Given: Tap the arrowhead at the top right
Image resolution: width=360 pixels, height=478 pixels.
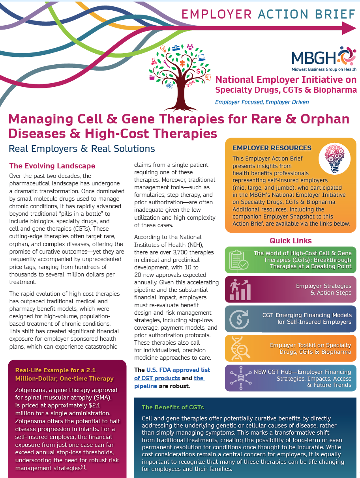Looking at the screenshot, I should [349, 28].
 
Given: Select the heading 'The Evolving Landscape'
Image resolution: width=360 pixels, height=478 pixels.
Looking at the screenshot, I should [52, 166].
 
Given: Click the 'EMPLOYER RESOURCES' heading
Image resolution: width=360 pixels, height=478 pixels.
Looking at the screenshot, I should [272, 148].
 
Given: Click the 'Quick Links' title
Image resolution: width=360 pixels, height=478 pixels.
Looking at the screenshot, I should [291, 241].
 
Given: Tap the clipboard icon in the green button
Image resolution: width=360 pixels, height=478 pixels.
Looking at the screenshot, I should [239, 260].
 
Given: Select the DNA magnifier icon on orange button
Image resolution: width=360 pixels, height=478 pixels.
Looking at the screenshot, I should [239, 348].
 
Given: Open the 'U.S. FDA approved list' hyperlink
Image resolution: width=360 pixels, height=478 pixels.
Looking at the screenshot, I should [178, 370].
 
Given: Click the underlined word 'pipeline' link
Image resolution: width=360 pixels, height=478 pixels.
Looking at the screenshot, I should [146, 386].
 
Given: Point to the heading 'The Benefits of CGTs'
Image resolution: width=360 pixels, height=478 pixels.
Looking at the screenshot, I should [173, 407].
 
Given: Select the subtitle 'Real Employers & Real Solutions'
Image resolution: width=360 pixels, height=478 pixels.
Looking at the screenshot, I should [82, 149].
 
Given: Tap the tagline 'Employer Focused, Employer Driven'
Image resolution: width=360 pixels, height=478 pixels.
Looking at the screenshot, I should [262, 102].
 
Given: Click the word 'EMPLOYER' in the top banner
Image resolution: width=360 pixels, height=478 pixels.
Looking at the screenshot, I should [216, 14].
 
